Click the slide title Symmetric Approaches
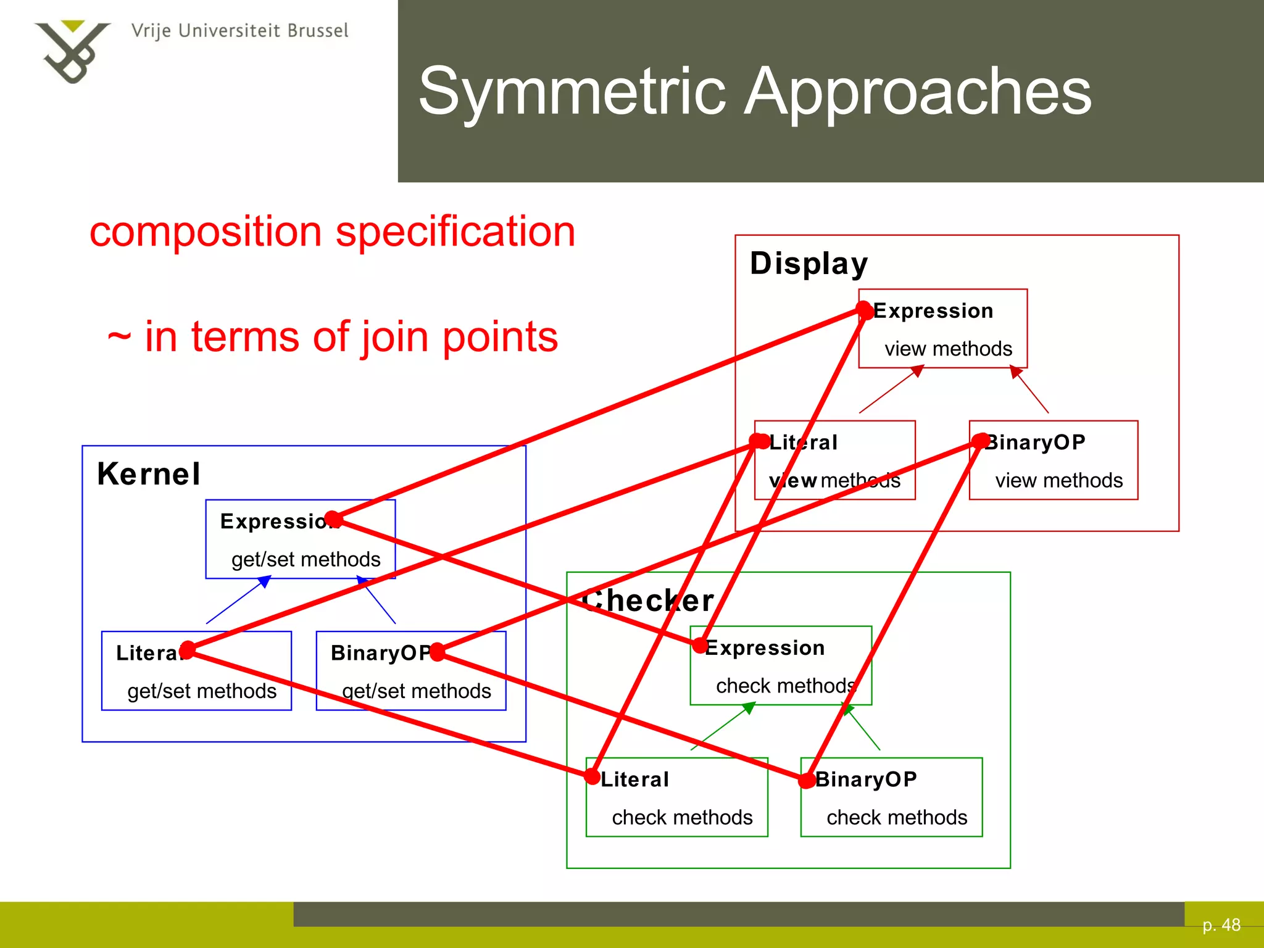755,92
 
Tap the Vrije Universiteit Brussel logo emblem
72,52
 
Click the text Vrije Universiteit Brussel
239,31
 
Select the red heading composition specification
332,231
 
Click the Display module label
809,264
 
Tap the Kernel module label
149,474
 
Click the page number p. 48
1221,925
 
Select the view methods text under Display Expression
948,349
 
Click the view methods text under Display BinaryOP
1058,480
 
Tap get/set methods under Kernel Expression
306,559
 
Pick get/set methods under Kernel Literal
202,691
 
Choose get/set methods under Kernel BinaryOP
417,691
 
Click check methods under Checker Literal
682,817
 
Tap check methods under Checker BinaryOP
897,817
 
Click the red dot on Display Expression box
865,311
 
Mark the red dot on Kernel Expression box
333,520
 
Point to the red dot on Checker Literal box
592,776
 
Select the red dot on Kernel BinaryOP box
437,652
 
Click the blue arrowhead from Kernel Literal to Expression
265,581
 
